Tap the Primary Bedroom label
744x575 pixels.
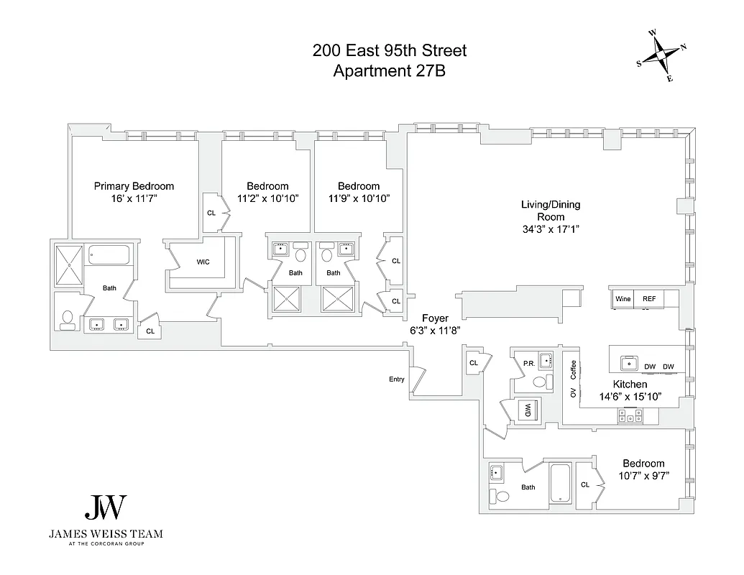tap(134, 186)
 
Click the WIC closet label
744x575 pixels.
tap(203, 262)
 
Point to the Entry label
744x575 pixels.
tap(396, 379)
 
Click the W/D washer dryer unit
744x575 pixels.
tap(529, 410)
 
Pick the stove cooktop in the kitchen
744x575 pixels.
tap(630, 415)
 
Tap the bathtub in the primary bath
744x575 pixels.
tap(109, 254)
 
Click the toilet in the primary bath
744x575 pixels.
tap(68, 319)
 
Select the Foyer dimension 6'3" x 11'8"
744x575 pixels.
tap(434, 330)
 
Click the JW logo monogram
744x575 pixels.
tap(106, 508)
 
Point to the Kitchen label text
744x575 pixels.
tap(630, 385)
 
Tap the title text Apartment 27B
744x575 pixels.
tap(389, 70)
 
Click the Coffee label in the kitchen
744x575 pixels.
tap(574, 369)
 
